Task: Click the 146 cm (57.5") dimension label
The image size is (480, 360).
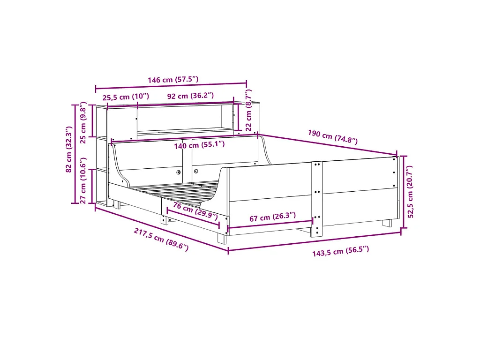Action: (x=173, y=80)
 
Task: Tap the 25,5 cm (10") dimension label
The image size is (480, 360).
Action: (x=126, y=97)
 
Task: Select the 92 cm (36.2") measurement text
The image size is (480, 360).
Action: (x=190, y=96)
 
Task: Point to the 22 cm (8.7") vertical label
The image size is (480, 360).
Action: (x=248, y=110)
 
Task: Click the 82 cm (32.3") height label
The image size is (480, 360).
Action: (x=69, y=149)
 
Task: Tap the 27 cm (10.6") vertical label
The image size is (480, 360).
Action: (x=83, y=180)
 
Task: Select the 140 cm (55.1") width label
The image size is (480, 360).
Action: (x=199, y=145)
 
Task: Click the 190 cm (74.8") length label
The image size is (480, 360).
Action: (x=333, y=137)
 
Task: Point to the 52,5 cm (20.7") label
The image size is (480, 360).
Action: (x=411, y=192)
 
